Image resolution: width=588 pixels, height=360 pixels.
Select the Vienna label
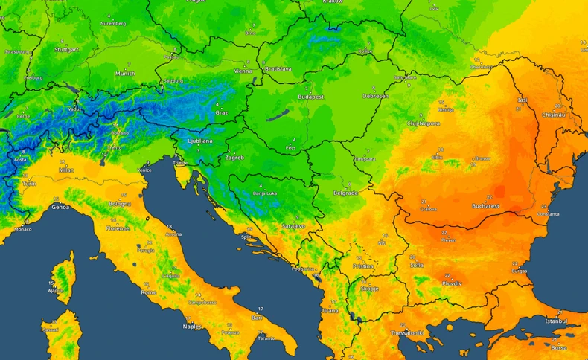click(x=243, y=71)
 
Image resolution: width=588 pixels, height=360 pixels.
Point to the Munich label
click(x=125, y=74)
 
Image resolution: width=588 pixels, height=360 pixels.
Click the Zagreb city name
click(x=234, y=158)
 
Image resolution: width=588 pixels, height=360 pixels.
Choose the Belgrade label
click(x=345, y=193)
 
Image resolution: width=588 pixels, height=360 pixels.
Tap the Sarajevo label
click(x=293, y=225)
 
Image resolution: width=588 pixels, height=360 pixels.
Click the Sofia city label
click(x=417, y=265)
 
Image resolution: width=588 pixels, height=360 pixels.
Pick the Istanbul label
click(x=556, y=321)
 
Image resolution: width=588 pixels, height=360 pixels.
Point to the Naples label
click(x=193, y=326)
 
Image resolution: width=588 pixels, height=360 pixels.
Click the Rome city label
click(x=149, y=292)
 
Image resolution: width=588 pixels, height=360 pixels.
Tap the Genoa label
click(x=60, y=207)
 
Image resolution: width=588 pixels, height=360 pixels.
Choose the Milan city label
click(x=66, y=170)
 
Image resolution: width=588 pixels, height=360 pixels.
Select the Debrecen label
click(x=376, y=96)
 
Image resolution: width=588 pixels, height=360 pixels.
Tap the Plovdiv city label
click(x=450, y=283)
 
